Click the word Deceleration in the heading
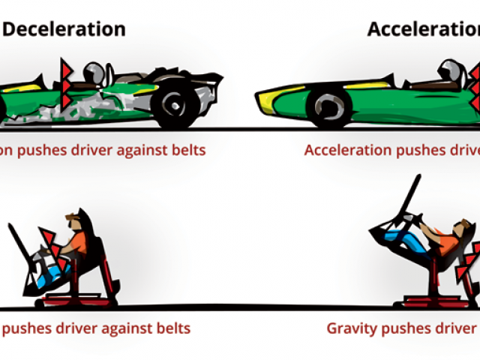point(64,29)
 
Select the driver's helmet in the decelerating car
point(95,73)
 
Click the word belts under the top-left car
point(186,150)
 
